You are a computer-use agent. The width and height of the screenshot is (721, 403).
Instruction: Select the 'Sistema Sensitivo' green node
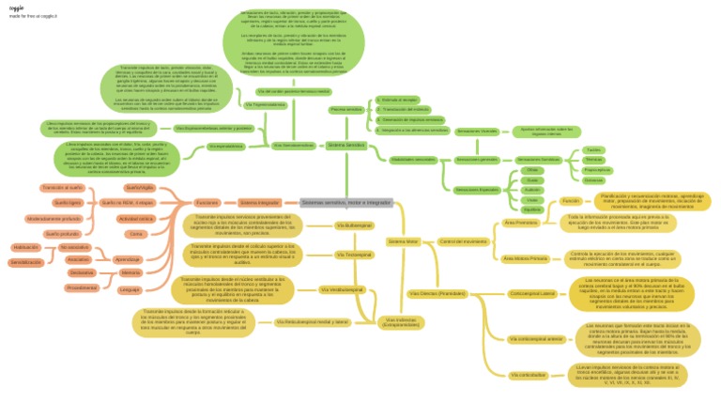click(x=346, y=145)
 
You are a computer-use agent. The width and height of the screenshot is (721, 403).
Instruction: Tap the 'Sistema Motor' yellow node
click(x=403, y=241)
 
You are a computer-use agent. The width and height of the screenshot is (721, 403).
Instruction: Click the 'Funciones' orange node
click(x=207, y=202)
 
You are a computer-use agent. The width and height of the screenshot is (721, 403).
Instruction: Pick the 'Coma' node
click(x=135, y=233)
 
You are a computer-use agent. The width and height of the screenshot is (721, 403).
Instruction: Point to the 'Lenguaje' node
click(x=130, y=289)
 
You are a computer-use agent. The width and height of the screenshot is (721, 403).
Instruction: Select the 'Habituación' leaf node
click(x=26, y=246)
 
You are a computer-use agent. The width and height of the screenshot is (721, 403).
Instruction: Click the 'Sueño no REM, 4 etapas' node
click(x=128, y=202)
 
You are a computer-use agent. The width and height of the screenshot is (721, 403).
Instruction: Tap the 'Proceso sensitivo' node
click(x=346, y=110)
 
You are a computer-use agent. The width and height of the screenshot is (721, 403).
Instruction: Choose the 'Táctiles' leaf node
click(x=593, y=149)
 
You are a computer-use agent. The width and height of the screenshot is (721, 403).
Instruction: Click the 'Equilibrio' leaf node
click(x=532, y=209)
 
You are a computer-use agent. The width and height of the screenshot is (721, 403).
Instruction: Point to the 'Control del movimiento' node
click(x=463, y=241)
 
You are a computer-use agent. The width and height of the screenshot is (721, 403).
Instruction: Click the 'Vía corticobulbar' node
click(x=527, y=375)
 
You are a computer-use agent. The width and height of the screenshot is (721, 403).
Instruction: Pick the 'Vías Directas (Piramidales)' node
click(x=437, y=293)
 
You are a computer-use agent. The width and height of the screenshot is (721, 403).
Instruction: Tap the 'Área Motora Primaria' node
click(x=525, y=257)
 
